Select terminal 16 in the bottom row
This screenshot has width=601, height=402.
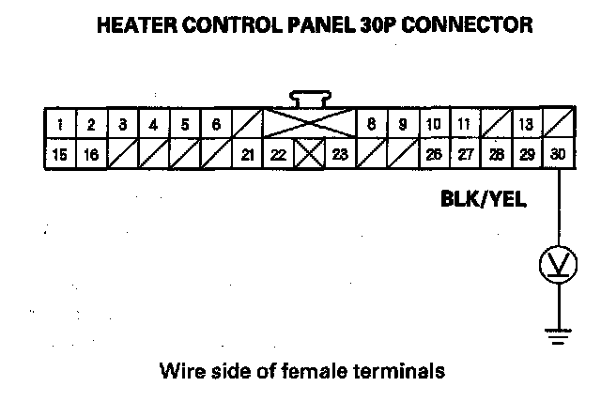click(x=91, y=155)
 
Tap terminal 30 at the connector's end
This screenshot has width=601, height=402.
click(x=559, y=155)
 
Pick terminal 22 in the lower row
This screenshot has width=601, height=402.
click(x=278, y=155)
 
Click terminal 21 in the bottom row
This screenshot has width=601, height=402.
click(x=247, y=155)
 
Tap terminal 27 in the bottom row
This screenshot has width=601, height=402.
click(x=465, y=155)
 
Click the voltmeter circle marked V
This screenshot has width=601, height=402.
click(x=559, y=267)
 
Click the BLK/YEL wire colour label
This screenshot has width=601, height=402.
click(x=483, y=199)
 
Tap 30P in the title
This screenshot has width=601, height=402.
click(x=372, y=25)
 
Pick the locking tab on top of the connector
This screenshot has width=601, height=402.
click(x=309, y=98)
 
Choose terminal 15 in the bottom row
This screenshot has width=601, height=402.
click(x=60, y=155)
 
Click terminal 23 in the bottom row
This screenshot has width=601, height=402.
click(x=340, y=155)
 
